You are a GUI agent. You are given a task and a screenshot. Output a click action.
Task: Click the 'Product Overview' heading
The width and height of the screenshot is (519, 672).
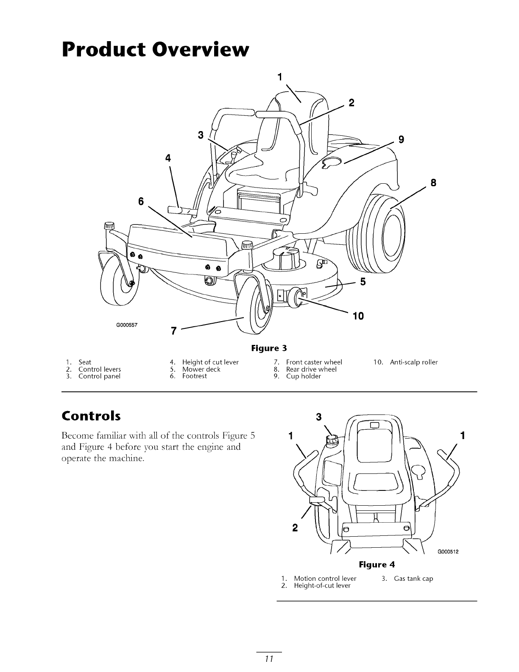pos(155,50)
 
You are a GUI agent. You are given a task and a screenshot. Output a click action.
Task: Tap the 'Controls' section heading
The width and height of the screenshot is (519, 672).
pos(91,415)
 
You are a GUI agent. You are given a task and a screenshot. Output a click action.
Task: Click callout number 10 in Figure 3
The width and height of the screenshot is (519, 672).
pos(358,316)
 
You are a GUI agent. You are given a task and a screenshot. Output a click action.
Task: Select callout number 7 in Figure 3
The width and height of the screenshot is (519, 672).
pos(173,331)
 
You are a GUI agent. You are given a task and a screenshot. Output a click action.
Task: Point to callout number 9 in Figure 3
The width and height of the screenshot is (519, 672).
pos(401,139)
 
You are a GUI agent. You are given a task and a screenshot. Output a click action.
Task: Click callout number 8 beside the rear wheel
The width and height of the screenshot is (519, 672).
pos(433,183)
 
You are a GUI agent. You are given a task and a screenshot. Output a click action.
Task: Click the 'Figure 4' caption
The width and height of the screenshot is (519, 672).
pos(377,565)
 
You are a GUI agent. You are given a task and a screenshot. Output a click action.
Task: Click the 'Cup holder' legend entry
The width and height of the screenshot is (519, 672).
pos(303,376)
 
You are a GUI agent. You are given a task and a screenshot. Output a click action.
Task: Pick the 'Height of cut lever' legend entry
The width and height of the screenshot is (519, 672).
pos(210,362)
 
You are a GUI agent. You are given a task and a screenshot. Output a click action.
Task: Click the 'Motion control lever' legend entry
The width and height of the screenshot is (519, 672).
pos(325,578)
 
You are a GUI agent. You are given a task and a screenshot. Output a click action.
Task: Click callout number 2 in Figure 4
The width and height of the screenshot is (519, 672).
pos(295,528)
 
